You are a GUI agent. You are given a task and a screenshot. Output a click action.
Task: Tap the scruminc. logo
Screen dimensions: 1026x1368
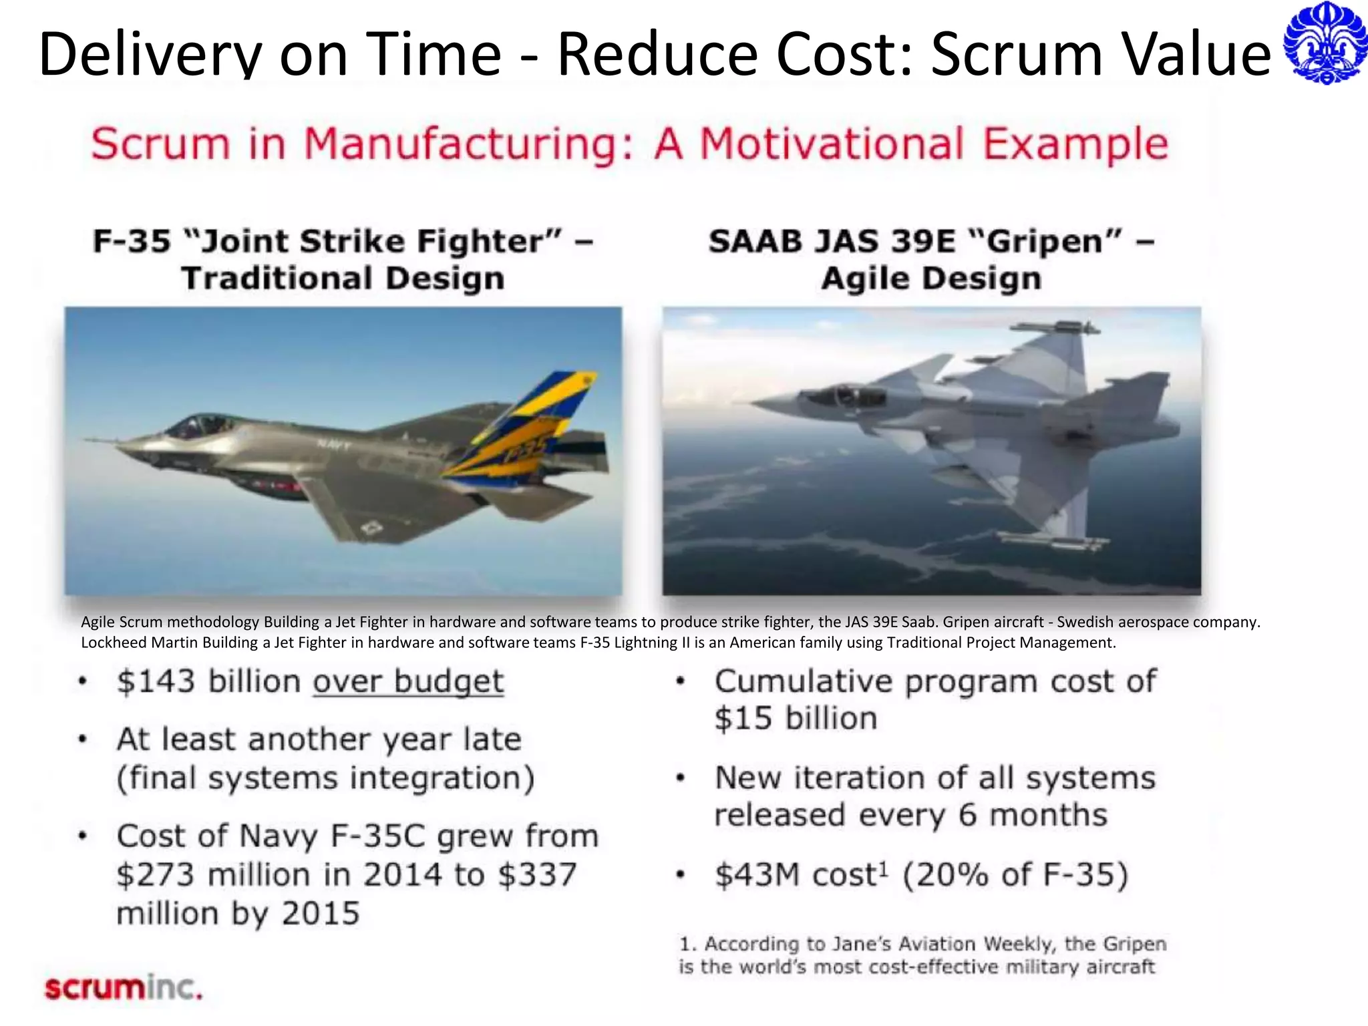point(123,987)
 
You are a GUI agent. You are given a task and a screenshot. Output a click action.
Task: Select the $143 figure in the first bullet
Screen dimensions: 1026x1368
point(156,681)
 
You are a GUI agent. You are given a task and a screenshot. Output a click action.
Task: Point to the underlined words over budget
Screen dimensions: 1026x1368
point(408,681)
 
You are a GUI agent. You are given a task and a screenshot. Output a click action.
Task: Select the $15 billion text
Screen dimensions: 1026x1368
point(796,719)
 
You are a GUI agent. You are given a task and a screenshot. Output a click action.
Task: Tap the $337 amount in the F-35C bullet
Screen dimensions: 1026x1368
point(537,875)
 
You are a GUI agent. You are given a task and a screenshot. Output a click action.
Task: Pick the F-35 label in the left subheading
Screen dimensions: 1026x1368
point(132,242)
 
